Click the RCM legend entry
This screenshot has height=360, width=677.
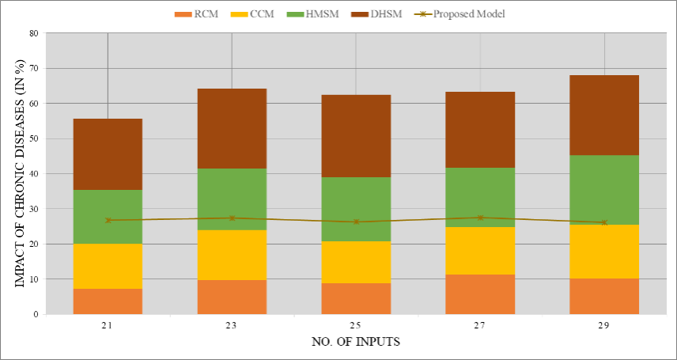coord(196,13)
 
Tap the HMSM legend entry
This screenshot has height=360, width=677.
coord(313,13)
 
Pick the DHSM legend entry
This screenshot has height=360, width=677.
coord(376,13)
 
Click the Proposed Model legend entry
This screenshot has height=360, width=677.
coord(460,13)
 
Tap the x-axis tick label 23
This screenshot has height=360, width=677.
coord(232,325)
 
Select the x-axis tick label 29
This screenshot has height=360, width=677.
coord(604,325)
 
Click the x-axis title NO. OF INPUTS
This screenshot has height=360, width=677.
coord(356,342)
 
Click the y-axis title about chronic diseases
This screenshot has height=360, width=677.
coord(19,173)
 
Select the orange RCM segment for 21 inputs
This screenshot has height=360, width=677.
coord(108,301)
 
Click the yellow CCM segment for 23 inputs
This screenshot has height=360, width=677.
coord(232,255)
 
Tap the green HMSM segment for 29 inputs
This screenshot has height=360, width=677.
coord(604,190)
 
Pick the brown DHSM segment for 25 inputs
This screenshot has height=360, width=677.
coord(356,136)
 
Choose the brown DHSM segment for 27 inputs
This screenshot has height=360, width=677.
coord(480,130)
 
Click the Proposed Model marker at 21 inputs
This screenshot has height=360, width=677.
coord(108,220)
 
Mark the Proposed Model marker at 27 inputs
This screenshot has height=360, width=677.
coord(480,218)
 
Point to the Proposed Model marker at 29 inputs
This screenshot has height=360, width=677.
coord(604,222)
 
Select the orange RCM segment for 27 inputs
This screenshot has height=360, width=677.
coord(480,294)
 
